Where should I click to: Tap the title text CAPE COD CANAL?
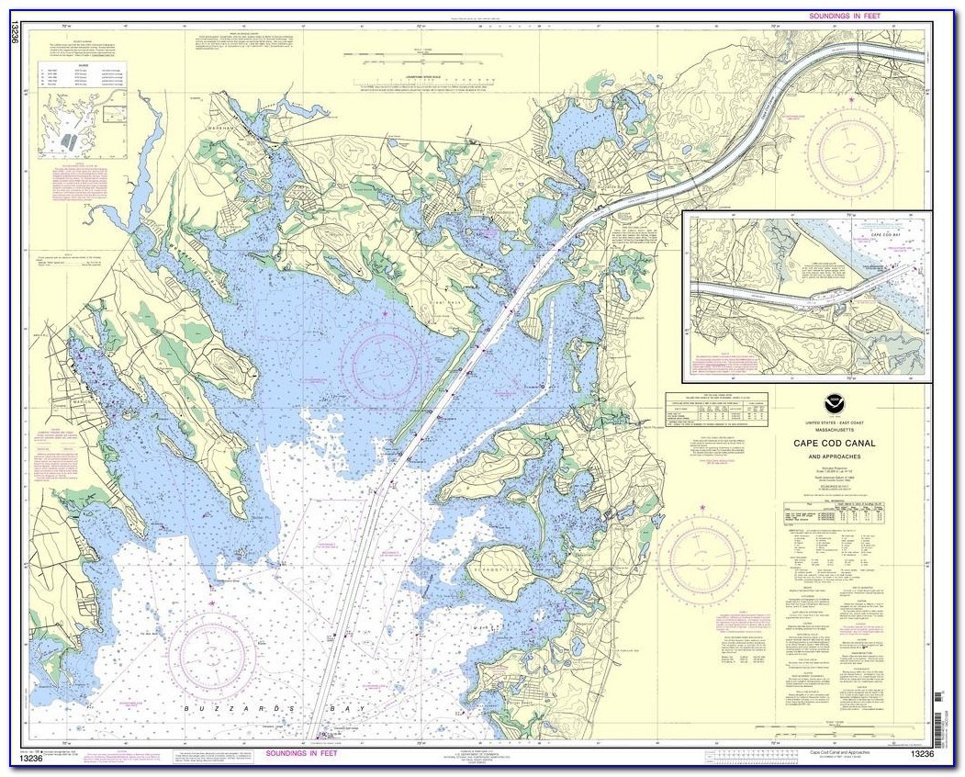click(x=835, y=444)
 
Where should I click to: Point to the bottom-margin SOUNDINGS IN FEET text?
click(x=301, y=753)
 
